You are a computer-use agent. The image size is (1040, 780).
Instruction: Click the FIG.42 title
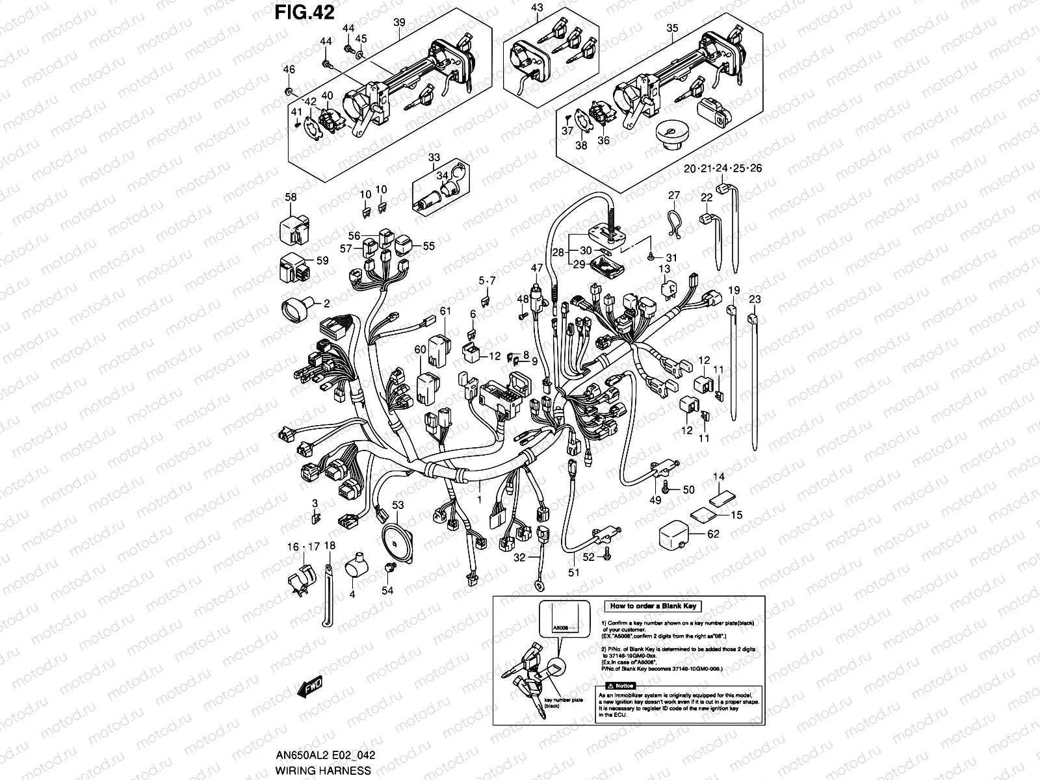pyautogui.click(x=304, y=13)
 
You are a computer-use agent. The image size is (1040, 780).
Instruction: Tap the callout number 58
pyautogui.click(x=291, y=197)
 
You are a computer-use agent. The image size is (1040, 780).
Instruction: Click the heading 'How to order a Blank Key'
pyautogui.click(x=653, y=606)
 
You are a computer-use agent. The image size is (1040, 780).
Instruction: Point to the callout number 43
pyautogui.click(x=537, y=7)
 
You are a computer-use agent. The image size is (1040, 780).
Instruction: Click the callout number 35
pyautogui.click(x=672, y=28)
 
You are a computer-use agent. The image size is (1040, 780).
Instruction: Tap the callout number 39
pyautogui.click(x=399, y=22)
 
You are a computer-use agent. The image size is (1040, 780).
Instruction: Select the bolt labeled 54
pyautogui.click(x=390, y=569)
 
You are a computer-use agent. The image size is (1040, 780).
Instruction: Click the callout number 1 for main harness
pyautogui.click(x=480, y=500)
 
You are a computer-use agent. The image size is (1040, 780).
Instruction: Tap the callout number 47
pyautogui.click(x=536, y=267)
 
